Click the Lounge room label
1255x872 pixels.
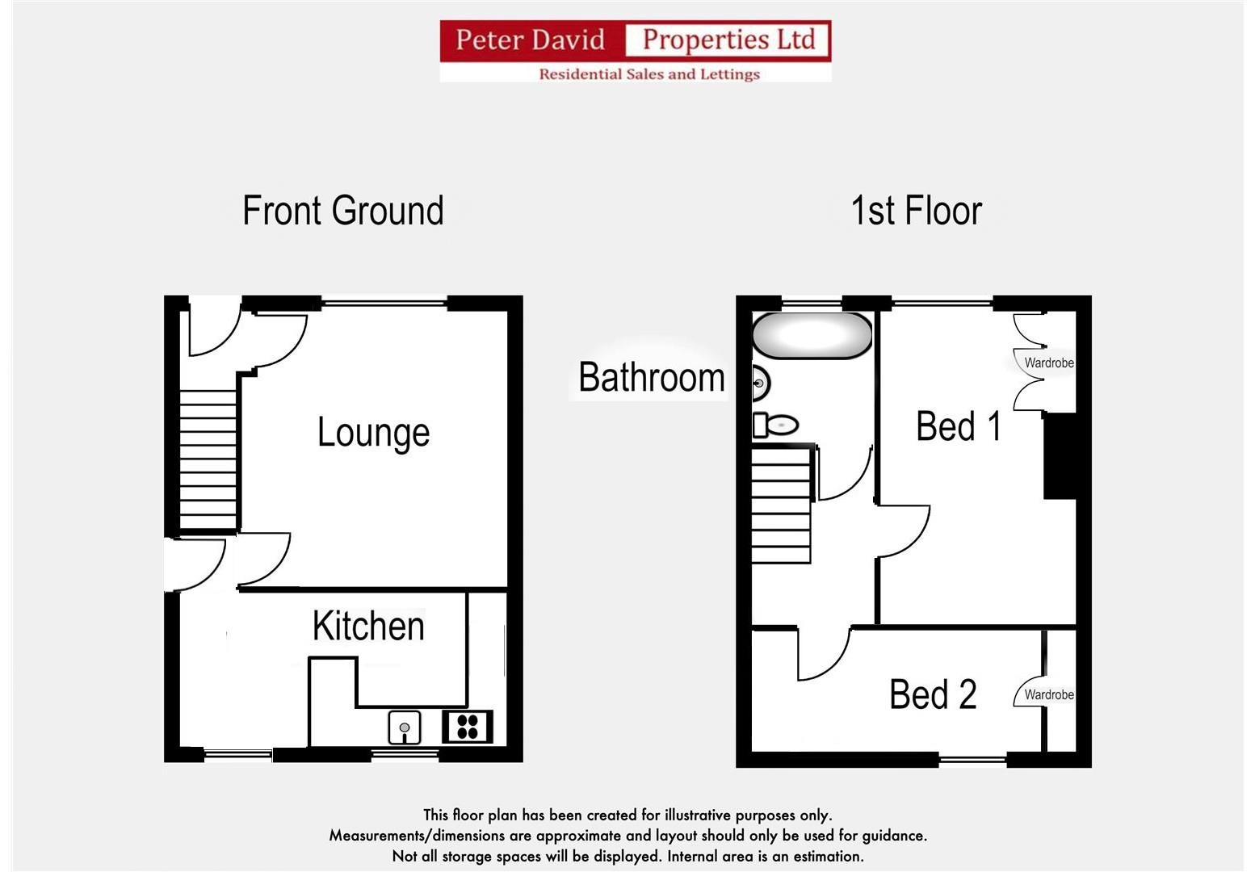click(x=373, y=433)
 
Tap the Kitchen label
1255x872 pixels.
click(x=368, y=627)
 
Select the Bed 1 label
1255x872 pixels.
click(x=959, y=426)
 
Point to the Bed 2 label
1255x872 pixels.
click(x=933, y=694)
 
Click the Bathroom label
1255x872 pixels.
click(x=651, y=378)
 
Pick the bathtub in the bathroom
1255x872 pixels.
click(x=812, y=336)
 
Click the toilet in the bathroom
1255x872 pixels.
click(x=776, y=425)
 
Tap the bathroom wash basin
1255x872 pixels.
click(x=760, y=383)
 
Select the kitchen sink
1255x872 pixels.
click(x=404, y=727)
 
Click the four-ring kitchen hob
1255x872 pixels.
click(x=468, y=727)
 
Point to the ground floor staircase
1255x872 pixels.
click(x=208, y=460)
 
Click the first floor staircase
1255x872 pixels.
click(x=781, y=505)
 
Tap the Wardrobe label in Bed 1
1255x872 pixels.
click(x=1048, y=363)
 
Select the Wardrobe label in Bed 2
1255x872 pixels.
click(x=1048, y=695)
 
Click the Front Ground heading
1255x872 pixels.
click(x=343, y=212)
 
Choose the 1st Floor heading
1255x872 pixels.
click(x=916, y=212)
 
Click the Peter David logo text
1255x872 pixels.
click(x=531, y=40)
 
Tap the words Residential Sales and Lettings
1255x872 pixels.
click(x=649, y=74)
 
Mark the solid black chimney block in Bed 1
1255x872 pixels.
click(x=1060, y=456)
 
